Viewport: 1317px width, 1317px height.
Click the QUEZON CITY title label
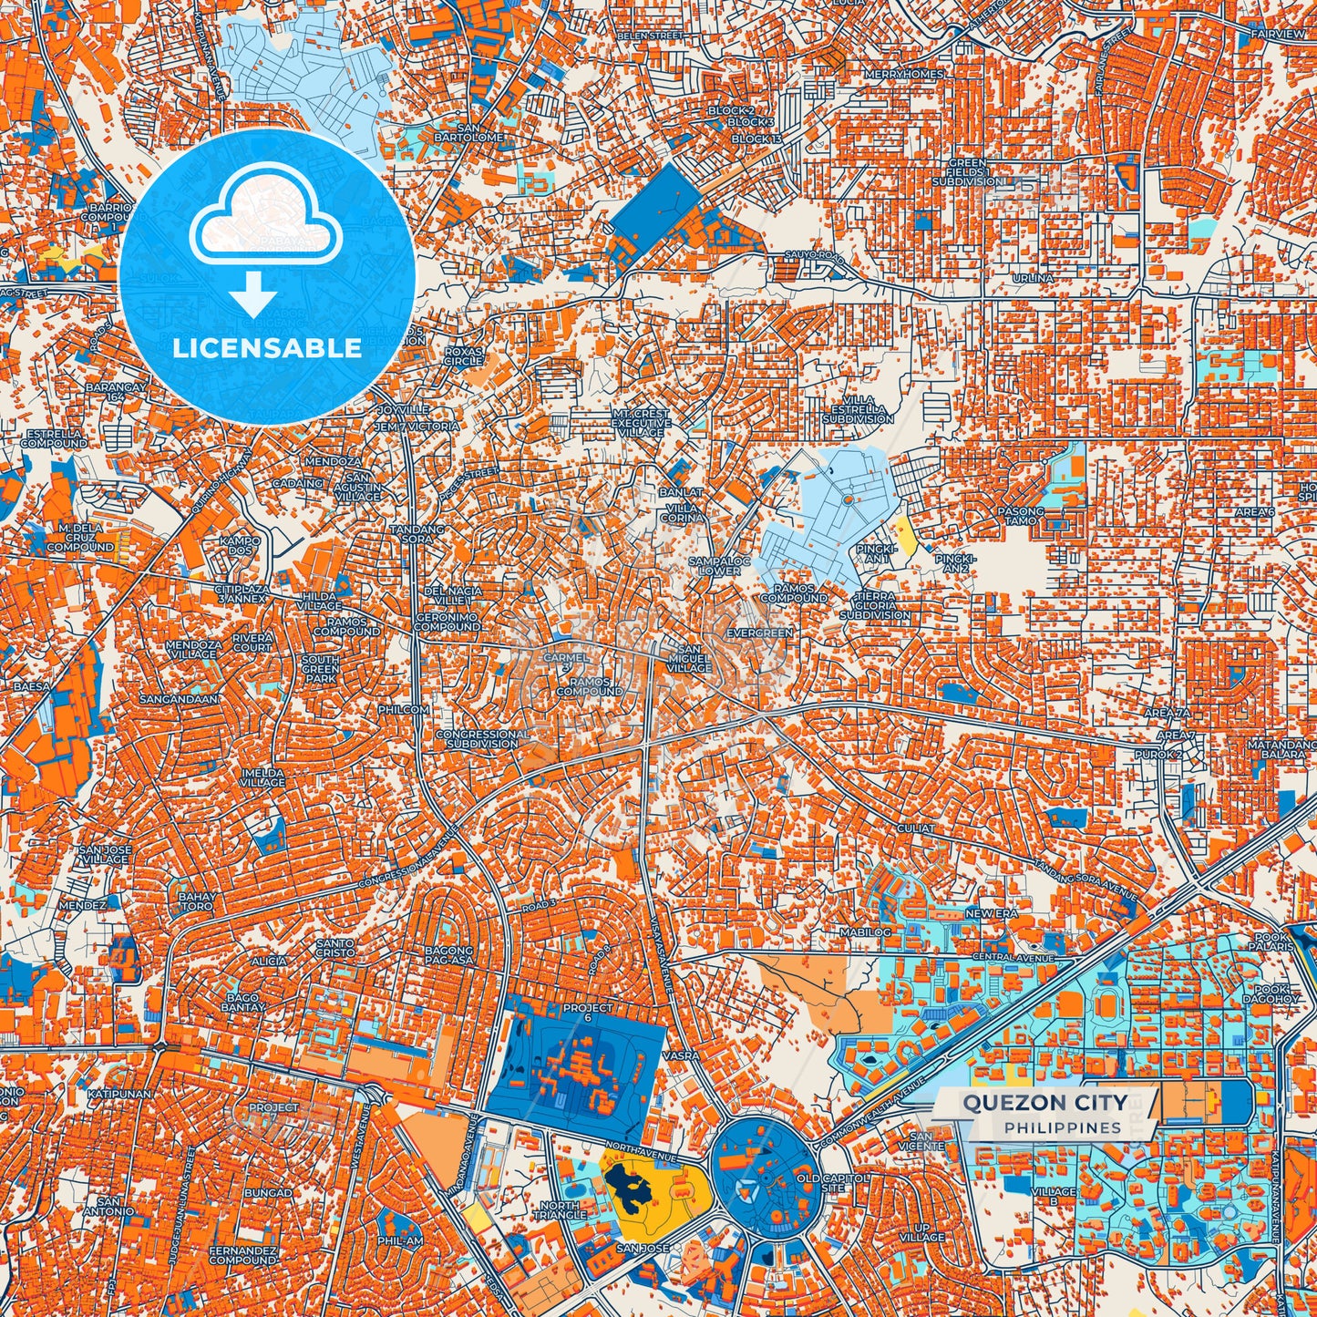click(1044, 1103)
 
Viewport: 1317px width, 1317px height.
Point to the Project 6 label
click(588, 1013)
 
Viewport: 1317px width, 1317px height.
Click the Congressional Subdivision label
click(482, 738)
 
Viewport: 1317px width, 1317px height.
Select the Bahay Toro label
click(196, 900)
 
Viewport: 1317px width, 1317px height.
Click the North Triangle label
click(559, 1209)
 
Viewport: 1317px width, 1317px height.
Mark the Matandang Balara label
click(1282, 750)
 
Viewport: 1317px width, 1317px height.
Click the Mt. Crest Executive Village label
click(639, 422)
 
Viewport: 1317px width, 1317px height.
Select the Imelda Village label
click(262, 777)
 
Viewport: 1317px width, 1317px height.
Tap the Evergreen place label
click(759, 633)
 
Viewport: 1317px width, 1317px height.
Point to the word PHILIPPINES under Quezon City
click(1063, 1127)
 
